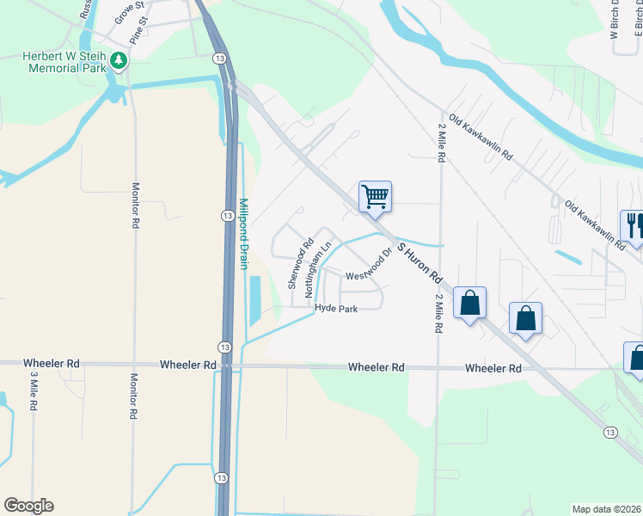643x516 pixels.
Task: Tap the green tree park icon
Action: (119, 60)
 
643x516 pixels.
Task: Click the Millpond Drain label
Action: (243, 224)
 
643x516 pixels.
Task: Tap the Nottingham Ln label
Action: (318, 269)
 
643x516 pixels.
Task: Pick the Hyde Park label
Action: (336, 308)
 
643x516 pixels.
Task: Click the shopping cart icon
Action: (375, 196)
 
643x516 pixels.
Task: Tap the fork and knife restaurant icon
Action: (634, 225)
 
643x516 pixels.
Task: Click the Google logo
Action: (28, 506)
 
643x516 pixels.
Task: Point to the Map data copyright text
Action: (607, 509)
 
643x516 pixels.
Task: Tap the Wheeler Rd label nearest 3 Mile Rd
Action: (51, 365)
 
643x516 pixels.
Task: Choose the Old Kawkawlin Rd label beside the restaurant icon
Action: (595, 225)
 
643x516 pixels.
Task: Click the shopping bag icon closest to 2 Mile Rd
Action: (469, 303)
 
